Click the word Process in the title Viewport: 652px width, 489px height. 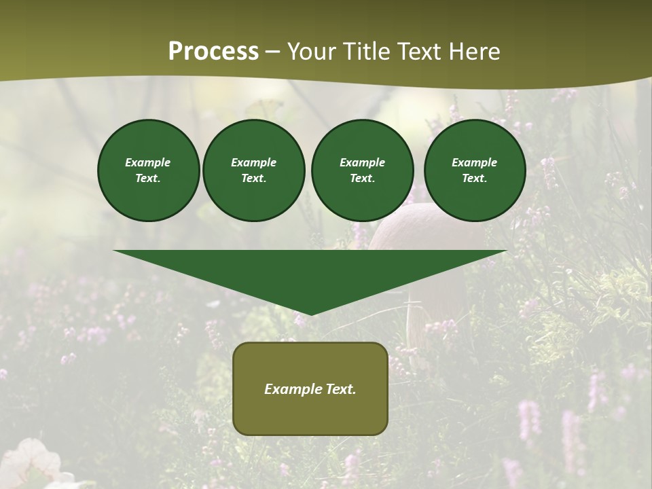click(213, 52)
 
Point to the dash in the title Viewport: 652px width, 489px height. click(273, 52)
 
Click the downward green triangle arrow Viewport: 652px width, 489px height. click(310, 275)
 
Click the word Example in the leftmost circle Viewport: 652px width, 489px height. click(148, 162)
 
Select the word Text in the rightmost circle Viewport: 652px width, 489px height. click(474, 179)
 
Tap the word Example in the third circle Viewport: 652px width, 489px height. click(362, 162)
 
